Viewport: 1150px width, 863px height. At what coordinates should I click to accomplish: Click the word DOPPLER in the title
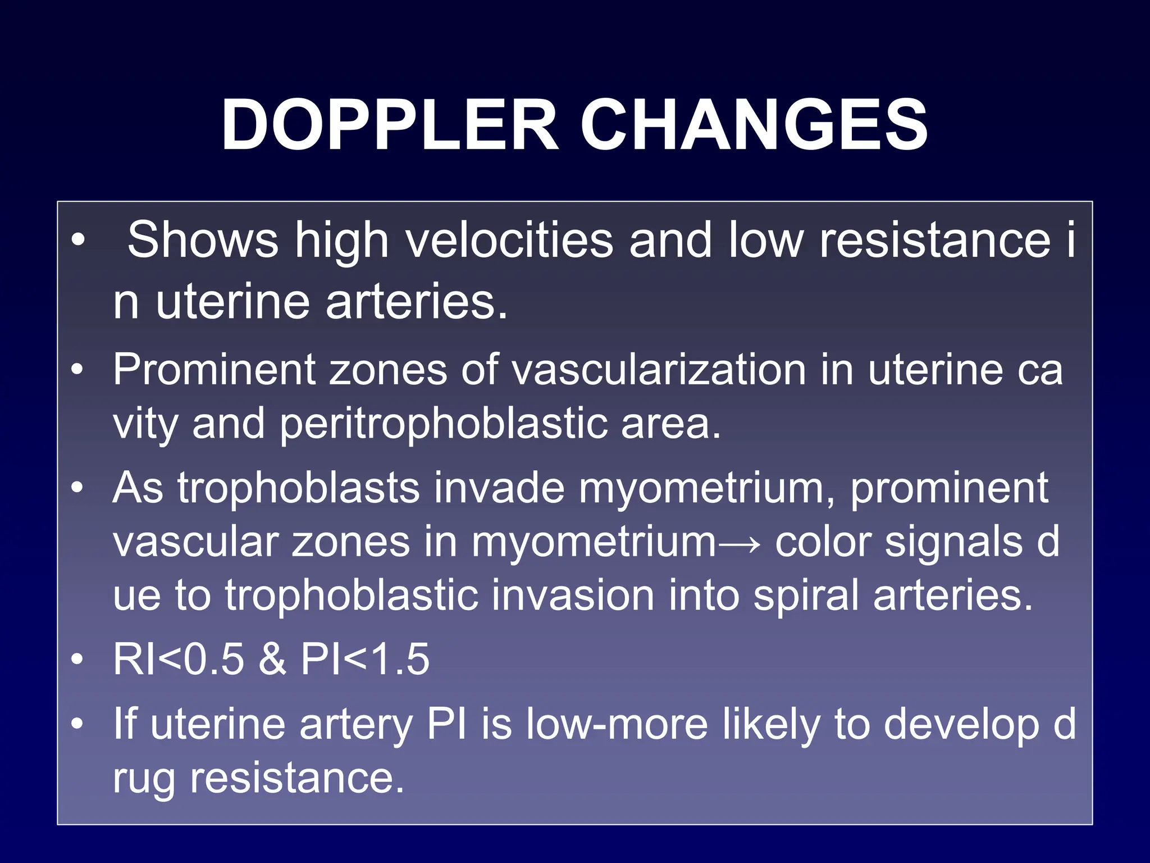390,125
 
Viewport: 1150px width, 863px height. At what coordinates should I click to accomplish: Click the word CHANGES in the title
754,125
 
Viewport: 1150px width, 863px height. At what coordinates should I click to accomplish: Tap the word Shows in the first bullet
202,240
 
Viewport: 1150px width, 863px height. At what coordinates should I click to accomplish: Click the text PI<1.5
365,659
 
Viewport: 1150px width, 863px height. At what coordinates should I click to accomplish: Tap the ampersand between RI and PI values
272,659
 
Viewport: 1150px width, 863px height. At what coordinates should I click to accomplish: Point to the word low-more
617,724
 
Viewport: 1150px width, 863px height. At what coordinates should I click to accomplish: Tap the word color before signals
823,542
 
